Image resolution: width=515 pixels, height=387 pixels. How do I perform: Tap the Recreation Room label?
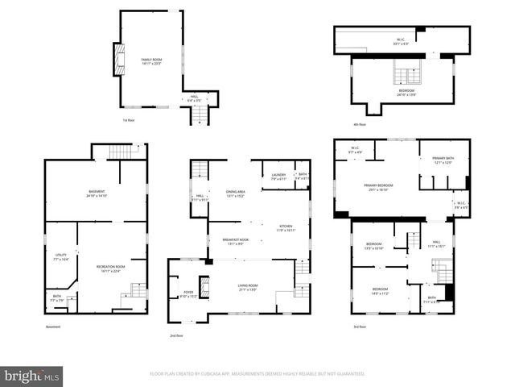[112, 268]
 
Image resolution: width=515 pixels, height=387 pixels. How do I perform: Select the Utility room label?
[60, 256]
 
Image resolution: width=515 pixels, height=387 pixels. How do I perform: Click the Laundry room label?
[278, 176]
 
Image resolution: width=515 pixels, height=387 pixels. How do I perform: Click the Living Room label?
[247, 287]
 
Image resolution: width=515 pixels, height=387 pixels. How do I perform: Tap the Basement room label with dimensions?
[97, 193]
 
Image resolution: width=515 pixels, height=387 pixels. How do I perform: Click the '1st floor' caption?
[128, 120]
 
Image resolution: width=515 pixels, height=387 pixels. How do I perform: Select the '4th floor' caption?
[359, 124]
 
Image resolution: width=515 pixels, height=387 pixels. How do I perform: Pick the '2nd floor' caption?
[176, 335]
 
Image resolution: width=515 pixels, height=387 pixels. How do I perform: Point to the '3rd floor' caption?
[359, 327]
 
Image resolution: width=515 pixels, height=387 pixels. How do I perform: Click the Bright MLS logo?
[32, 376]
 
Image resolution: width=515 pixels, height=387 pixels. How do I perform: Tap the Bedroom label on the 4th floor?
[408, 92]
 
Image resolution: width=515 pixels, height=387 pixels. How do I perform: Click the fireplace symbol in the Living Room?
[204, 287]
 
